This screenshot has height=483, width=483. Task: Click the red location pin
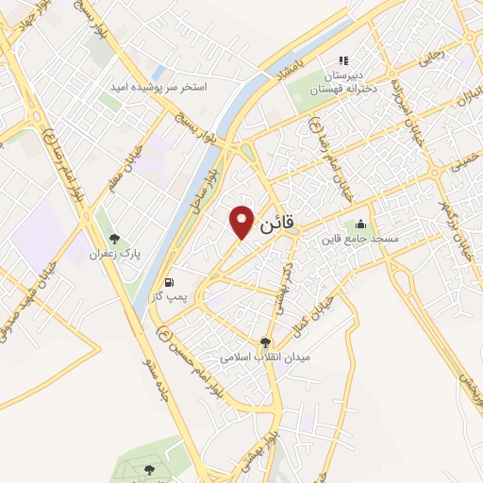coord(242,221)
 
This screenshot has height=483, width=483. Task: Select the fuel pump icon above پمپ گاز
coord(169,282)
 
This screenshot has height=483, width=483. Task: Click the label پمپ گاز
coord(169,297)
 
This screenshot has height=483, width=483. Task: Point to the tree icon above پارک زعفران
coord(114,240)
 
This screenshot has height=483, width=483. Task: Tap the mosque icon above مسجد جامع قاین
coord(360,225)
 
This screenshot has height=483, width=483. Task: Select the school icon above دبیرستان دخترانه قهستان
coord(344,59)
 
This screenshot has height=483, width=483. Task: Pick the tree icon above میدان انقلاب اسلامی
coord(265,343)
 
